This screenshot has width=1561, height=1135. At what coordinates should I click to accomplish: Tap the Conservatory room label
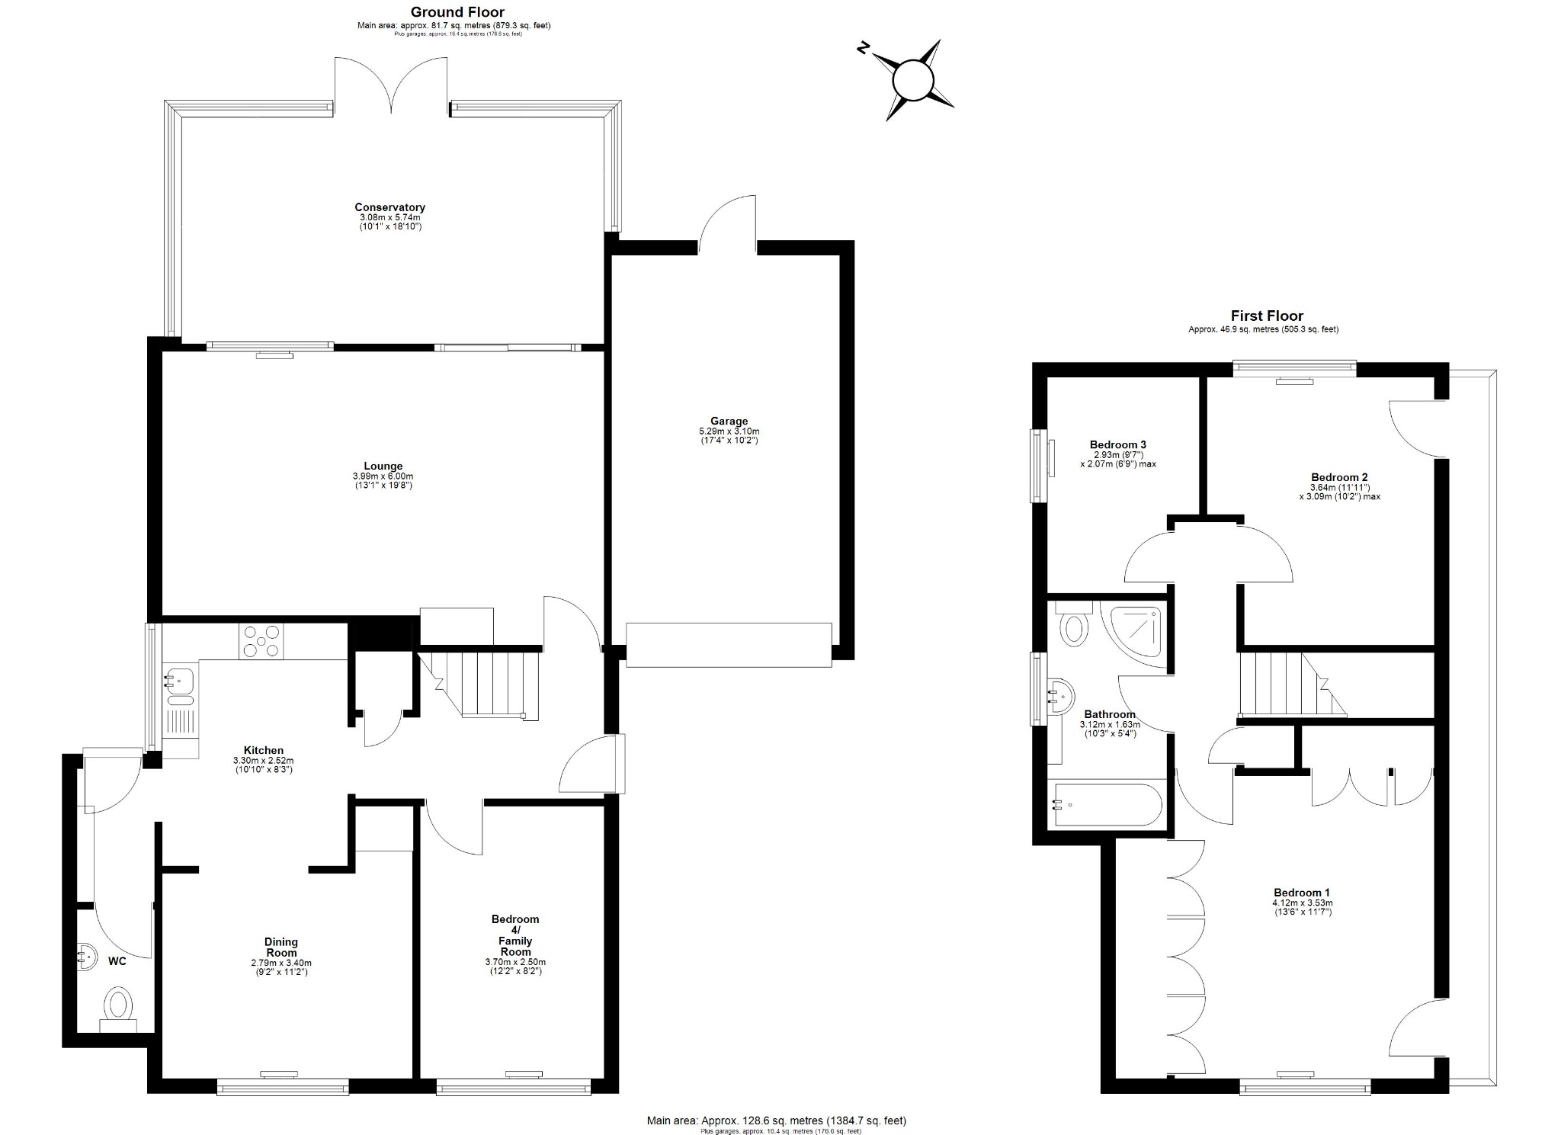click(389, 207)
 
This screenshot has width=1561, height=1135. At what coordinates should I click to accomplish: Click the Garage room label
click(729, 421)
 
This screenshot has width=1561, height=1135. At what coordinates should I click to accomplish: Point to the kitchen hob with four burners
click(261, 640)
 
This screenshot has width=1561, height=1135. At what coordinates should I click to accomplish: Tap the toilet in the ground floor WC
click(118, 1005)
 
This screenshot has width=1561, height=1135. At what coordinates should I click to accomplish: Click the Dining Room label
click(281, 947)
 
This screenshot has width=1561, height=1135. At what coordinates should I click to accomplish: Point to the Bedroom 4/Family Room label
click(515, 935)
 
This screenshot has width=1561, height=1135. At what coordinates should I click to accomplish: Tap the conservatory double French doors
click(392, 88)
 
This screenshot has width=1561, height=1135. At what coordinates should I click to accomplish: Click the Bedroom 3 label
click(1117, 444)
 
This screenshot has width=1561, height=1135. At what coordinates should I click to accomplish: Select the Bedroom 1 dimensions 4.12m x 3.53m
click(1302, 903)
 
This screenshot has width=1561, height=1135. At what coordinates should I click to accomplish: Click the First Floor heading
click(1267, 316)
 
